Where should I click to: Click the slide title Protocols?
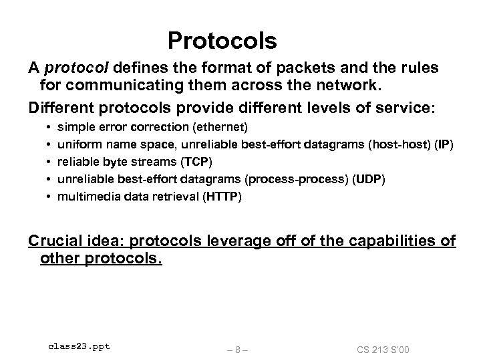[x=222, y=41]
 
